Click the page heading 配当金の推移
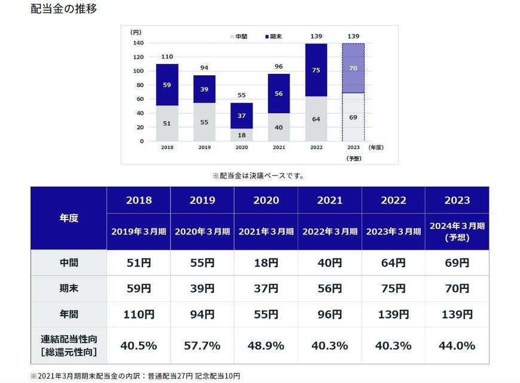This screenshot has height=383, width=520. coord(63,10)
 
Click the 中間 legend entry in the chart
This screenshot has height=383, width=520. coord(238,37)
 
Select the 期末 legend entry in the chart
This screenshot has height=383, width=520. coord(273,37)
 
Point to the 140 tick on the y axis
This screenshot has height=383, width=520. coord(137,43)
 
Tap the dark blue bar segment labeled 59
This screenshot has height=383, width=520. coord(167,85)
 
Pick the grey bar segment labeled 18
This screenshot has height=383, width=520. coord(241,135)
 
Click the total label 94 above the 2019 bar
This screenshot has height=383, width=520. coord(204,67)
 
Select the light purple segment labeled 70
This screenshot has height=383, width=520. coord(353,69)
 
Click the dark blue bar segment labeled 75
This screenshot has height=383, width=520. coord(316,70)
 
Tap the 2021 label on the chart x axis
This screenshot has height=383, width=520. coord(279,147)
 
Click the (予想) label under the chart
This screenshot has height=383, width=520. coord(353,158)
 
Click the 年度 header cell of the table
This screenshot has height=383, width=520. coord(69,218)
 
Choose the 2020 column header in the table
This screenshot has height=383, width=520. coord(266,200)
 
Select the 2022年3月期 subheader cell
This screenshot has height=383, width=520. coord(330,231)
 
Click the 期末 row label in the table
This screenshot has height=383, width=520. coord(69,288)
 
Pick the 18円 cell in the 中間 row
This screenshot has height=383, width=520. coord(266,262)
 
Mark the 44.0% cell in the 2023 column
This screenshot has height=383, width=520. coord(457,345)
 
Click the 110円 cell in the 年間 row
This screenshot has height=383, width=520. coord(139,314)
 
